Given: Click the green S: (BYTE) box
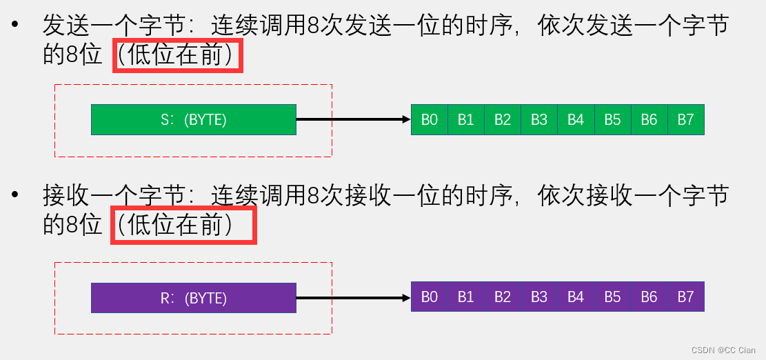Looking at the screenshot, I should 193,119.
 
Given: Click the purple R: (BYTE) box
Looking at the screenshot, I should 193,298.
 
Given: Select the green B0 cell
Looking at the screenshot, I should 430,119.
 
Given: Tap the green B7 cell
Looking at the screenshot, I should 685,119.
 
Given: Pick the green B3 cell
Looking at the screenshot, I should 539,119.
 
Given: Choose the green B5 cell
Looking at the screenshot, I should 612,119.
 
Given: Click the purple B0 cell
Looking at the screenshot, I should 430,298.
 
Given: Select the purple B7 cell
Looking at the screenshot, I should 685,298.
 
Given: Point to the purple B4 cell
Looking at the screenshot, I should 576,298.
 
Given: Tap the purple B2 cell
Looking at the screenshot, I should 503,298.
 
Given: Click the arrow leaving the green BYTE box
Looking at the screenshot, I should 353,119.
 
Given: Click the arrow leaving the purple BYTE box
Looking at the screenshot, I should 353,298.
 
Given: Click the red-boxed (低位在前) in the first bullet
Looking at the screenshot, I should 178,56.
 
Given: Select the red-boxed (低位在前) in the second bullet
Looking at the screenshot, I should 183,226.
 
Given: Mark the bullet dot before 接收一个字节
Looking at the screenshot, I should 15,196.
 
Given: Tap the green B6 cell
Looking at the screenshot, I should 649,119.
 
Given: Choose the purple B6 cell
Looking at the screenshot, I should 649,298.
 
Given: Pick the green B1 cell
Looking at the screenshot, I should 466,119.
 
